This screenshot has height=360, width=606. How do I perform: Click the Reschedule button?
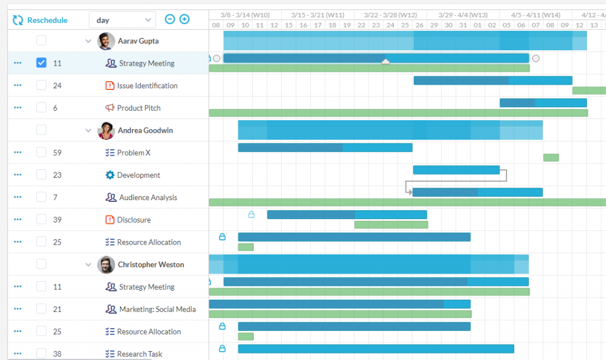pos(40,20)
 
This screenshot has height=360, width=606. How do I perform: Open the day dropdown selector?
pos(122,20)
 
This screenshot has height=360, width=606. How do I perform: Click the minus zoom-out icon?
pos(170,20)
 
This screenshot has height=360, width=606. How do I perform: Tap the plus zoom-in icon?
pos(185,20)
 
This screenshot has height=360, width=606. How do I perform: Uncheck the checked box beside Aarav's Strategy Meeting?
pos(41,63)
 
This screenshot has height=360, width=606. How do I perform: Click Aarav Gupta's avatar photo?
pos(106,41)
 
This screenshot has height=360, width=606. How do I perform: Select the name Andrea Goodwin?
pos(145,130)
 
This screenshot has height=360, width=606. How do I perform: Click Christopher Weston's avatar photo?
pos(106,265)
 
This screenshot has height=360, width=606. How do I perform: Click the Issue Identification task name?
pos(147,86)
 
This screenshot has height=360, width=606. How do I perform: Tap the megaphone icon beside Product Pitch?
pos(109,108)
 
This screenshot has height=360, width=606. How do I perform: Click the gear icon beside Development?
pos(109,175)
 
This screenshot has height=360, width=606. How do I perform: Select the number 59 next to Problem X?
pos(57,153)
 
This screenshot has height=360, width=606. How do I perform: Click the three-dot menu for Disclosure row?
pos(17,220)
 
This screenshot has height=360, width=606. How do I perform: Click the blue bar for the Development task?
pos(456,170)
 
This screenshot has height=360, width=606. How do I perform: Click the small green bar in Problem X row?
pos(551,157)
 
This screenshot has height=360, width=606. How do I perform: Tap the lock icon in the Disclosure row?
pos(252,214)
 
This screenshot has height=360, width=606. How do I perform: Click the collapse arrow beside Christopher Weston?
pos(89,265)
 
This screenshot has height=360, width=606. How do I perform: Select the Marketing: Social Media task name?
pos(157,309)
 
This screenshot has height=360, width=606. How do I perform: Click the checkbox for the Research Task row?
pos(41,353)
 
